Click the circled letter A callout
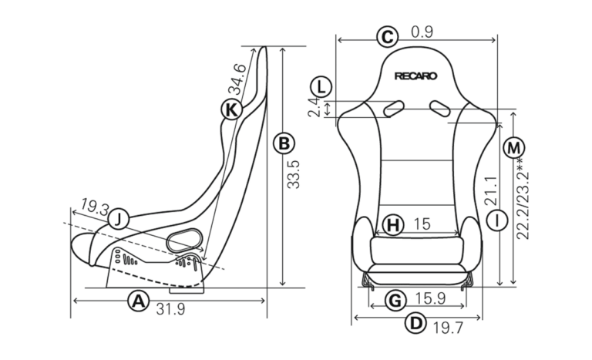pyautogui.click(x=139, y=301)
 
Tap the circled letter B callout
pyautogui.click(x=284, y=143)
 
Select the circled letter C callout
pyautogui.click(x=388, y=37)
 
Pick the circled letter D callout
pyautogui.click(x=415, y=323)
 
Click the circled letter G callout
pyautogui.click(x=395, y=301)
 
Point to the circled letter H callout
pyautogui.click(x=393, y=225)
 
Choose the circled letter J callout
pyautogui.click(x=119, y=219)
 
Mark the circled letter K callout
pyautogui.click(x=231, y=109)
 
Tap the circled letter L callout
pyautogui.click(x=321, y=87)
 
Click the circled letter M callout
pyautogui.click(x=514, y=148)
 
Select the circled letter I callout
pyautogui.click(x=497, y=220)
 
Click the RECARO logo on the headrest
pyautogui.click(x=415, y=76)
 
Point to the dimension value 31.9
pyautogui.click(x=170, y=309)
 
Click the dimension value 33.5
pyautogui.click(x=294, y=174)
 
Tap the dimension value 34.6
pyautogui.click(x=237, y=79)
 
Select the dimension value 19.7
pyautogui.click(x=448, y=328)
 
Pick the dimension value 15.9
pyautogui.click(x=430, y=298)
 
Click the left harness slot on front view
pyautogui.click(x=394, y=109)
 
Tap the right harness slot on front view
pyautogui.click(x=440, y=108)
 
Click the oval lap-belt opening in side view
pyautogui.click(x=185, y=240)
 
